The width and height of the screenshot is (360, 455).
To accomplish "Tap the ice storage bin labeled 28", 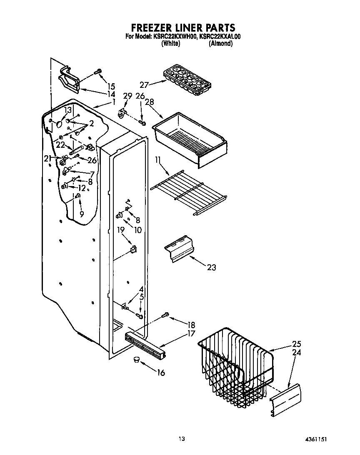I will [190, 137].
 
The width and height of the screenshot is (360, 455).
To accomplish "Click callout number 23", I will [211, 267].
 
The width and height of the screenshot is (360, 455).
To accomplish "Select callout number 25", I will [296, 344].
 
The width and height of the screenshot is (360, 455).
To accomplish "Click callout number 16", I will [160, 373].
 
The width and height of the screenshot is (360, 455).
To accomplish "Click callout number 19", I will [121, 229].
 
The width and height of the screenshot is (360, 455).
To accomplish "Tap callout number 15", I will [110, 87].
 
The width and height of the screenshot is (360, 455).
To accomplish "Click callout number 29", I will [127, 96].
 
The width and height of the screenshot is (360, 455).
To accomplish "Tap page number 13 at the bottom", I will [181, 439].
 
